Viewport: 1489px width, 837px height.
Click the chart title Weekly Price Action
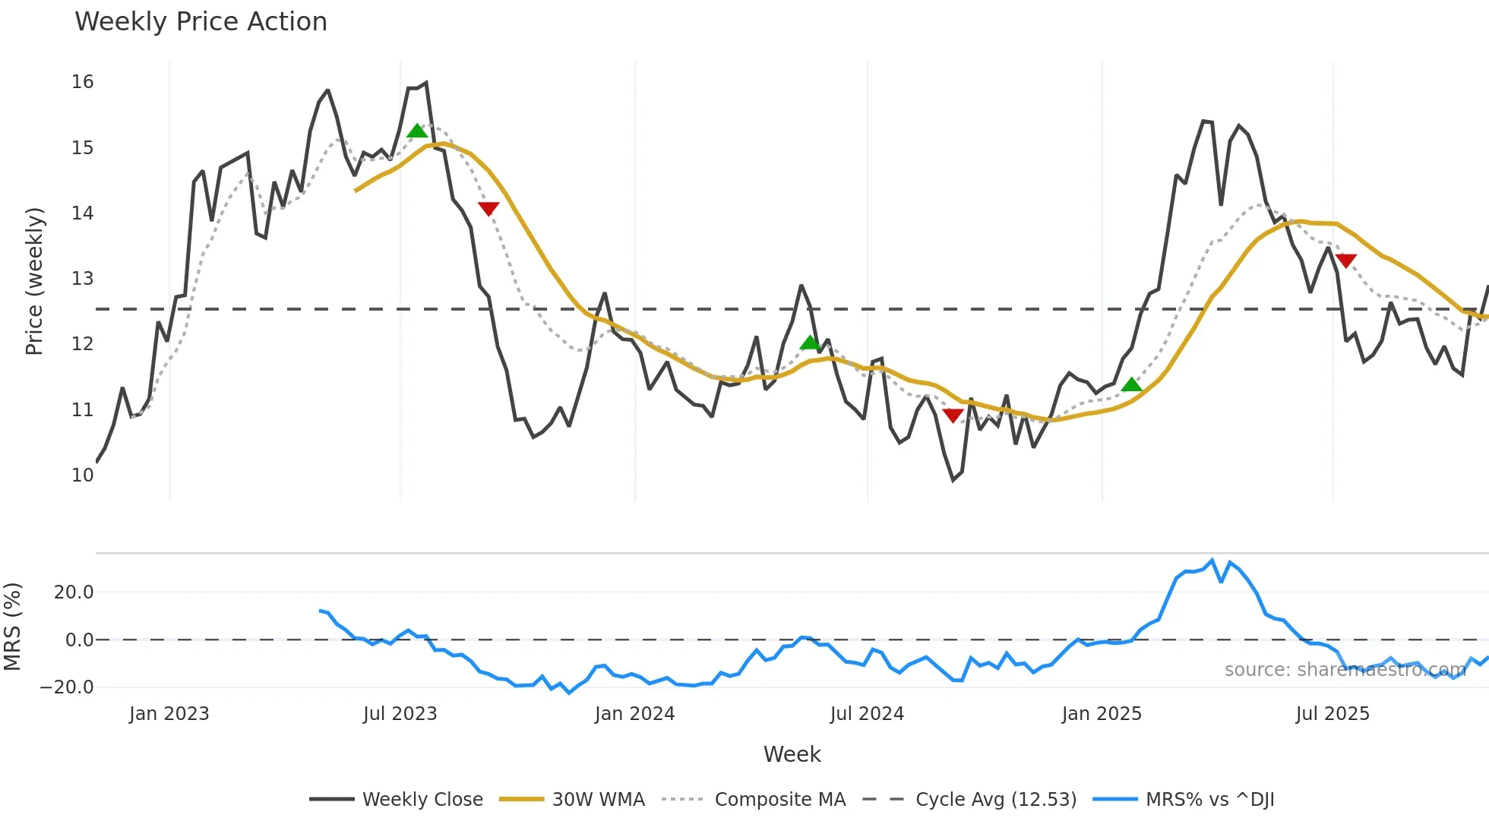(201, 21)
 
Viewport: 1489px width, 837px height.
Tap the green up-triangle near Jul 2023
(417, 131)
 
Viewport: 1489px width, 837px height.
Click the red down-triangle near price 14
(488, 209)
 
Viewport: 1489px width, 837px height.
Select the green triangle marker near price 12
(810, 343)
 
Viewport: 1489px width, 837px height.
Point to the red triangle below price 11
(953, 415)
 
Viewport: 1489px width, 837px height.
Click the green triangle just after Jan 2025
(1132, 385)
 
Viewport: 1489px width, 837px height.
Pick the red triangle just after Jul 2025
(1345, 261)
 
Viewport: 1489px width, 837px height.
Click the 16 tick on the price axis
(82, 82)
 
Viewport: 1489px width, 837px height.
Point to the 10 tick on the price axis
(82, 475)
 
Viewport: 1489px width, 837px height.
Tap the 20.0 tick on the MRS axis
(74, 592)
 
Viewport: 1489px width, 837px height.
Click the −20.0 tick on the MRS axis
(67, 687)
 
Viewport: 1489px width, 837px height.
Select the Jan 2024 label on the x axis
(634, 714)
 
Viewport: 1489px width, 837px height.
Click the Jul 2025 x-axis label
(1333, 714)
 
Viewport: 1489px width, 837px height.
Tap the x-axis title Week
(792, 754)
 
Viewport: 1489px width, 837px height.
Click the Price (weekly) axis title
(34, 281)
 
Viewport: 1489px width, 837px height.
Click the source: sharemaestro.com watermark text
(1345, 670)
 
